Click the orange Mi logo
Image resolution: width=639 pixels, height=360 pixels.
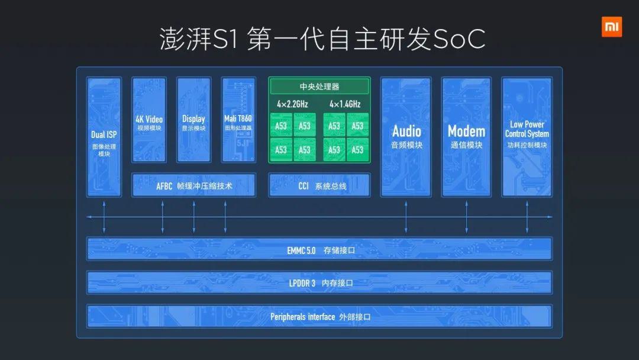tap(612, 27)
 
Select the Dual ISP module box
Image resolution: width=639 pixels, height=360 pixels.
tap(104, 137)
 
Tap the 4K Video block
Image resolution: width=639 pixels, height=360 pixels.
tap(149, 120)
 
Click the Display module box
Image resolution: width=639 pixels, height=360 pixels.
tap(193, 120)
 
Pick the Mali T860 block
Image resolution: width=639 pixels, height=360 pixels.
tap(238, 120)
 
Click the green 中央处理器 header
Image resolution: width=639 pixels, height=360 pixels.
tap(319, 86)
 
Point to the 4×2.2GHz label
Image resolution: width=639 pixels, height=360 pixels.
tap(293, 104)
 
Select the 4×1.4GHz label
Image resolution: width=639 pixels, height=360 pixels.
tap(345, 104)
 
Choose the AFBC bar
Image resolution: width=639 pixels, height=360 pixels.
tap(194, 185)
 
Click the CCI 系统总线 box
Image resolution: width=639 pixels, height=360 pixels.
tap(319, 185)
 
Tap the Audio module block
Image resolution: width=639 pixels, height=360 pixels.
tap(406, 137)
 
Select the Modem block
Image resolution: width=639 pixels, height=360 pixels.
tap(466, 137)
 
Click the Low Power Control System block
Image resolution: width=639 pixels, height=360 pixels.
tap(527, 137)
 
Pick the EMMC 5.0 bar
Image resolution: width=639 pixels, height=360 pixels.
tap(319, 249)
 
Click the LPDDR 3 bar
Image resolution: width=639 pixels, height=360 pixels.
tap(319, 282)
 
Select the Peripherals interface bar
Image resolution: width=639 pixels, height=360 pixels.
tap(319, 316)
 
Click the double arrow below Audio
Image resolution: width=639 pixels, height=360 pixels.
tap(406, 217)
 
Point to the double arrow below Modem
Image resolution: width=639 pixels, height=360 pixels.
tap(467, 217)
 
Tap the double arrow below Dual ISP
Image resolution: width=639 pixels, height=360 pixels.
tap(104, 217)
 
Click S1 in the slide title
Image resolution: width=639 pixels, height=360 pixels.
tap(224, 40)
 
